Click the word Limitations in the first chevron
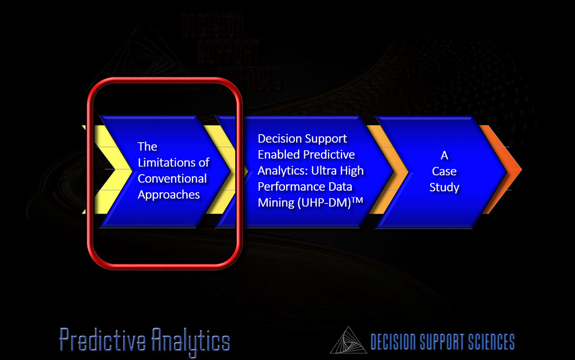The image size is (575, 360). (169, 162)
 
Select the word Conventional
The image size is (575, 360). (172, 178)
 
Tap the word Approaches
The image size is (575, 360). (169, 195)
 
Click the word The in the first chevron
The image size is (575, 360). (148, 146)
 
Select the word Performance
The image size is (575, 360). (291, 187)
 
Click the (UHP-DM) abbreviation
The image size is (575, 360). (325, 203)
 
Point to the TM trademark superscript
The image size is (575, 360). (358, 200)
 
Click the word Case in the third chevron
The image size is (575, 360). (444, 171)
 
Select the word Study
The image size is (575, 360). (444, 188)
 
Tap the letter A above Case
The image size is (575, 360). (444, 155)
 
